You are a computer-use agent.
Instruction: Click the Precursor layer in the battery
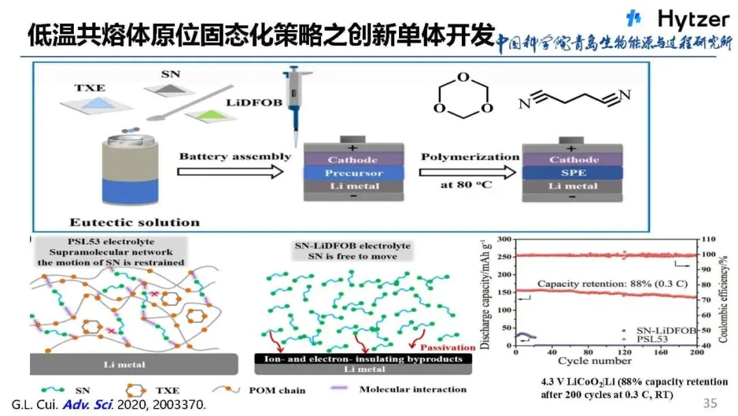[x=353, y=173]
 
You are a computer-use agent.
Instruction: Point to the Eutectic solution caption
[x=135, y=222]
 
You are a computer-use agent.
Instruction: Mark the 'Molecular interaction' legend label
[x=415, y=389]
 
